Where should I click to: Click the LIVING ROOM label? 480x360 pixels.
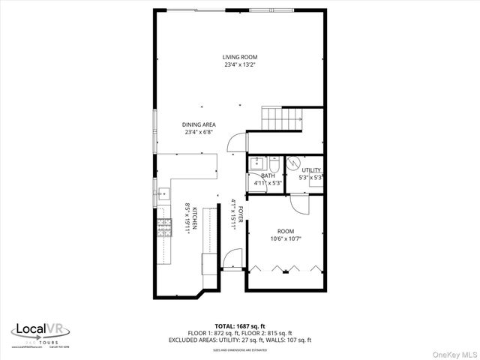coord(239,57)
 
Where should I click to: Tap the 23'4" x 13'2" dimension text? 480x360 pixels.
coord(239,65)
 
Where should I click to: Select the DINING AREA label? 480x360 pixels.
coord(199,124)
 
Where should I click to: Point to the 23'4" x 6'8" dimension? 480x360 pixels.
coord(199,133)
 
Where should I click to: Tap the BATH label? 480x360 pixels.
coord(268,175)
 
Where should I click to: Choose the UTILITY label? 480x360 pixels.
coord(311,170)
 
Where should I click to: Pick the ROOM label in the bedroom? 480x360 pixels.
coord(286,232)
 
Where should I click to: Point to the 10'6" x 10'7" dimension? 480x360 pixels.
coord(286,240)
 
